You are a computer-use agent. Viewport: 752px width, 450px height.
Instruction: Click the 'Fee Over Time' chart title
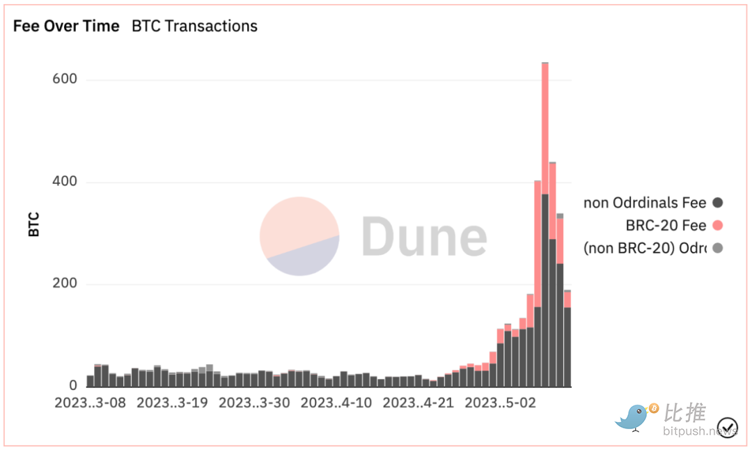tap(66, 26)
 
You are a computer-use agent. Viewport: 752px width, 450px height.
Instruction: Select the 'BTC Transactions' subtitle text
tap(194, 26)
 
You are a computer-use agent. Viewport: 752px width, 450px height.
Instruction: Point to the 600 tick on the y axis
tap(64, 79)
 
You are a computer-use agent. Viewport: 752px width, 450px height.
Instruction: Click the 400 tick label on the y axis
tap(64, 182)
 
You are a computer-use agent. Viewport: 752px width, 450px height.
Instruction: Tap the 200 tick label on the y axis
tap(64, 284)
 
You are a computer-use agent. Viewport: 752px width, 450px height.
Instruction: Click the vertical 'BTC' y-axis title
tap(34, 224)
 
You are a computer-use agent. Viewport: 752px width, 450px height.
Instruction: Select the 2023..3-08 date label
tap(91, 403)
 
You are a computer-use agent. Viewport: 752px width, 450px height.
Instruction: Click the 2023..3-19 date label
tap(172, 403)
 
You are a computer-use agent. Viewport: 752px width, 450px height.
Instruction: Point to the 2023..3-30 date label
tap(254, 403)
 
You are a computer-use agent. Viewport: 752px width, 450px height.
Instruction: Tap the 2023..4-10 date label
tap(336, 403)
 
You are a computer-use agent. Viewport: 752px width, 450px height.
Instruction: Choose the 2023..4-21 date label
tap(418, 403)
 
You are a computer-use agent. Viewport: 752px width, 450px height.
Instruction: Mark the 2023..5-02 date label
tap(501, 403)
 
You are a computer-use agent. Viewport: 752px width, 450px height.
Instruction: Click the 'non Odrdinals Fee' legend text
tap(645, 203)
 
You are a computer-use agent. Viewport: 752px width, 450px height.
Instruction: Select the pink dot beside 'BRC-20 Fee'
tap(718, 226)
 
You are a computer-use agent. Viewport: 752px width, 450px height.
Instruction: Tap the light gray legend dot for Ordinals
tap(718, 248)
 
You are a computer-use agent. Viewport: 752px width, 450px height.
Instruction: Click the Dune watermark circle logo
tap(299, 236)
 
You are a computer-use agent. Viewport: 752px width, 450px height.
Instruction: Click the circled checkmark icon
tap(728, 426)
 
